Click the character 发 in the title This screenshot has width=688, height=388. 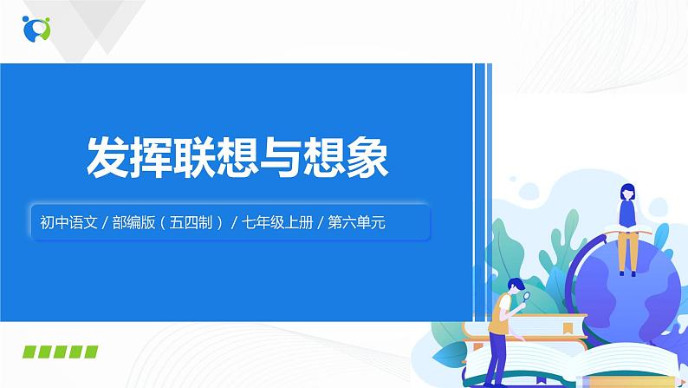(x=105, y=159)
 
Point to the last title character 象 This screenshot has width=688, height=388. (x=366, y=159)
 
